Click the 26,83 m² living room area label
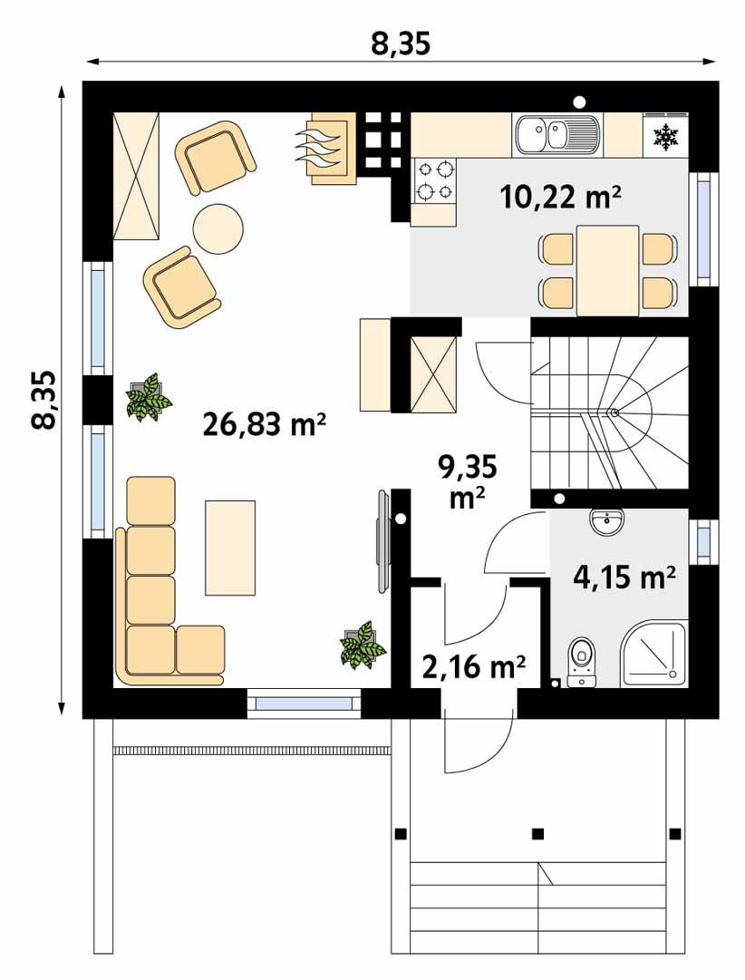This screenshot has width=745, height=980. click(264, 424)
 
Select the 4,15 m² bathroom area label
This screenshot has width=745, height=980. click(624, 576)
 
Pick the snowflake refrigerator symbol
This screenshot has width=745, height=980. click(666, 137)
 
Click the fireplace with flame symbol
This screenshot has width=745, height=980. click(327, 149)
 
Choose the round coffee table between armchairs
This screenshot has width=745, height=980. click(218, 228)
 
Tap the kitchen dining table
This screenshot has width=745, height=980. click(607, 269)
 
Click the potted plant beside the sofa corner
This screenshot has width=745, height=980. click(363, 645)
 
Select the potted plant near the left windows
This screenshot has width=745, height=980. click(148, 397)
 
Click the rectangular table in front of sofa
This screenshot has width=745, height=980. click(230, 546)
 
